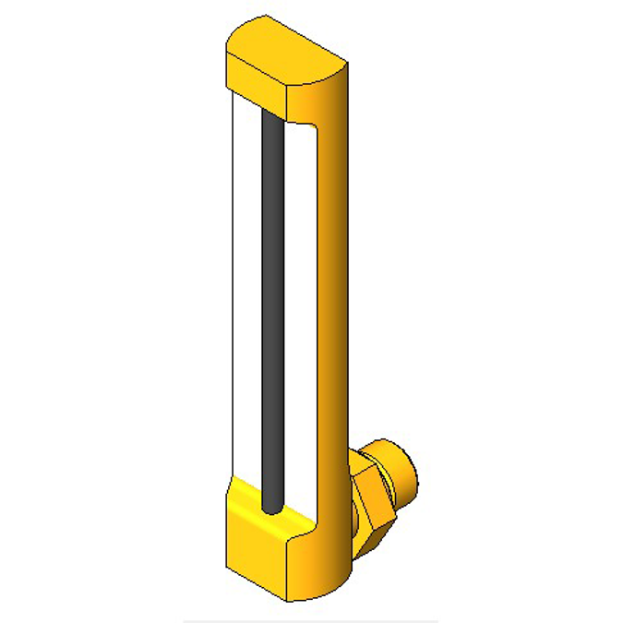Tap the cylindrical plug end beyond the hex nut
click(406, 475)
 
